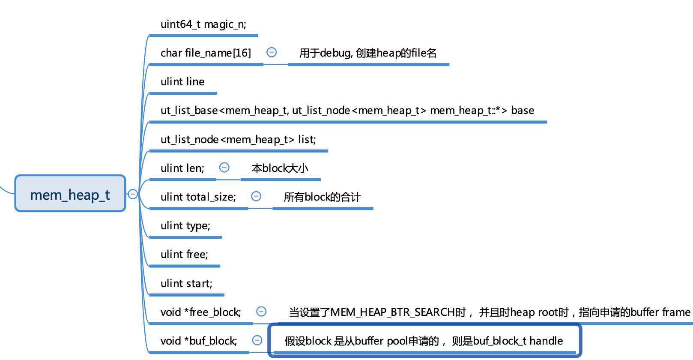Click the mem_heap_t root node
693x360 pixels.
tap(70, 194)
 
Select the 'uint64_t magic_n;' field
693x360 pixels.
tap(203, 24)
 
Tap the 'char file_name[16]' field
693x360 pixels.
tap(206, 53)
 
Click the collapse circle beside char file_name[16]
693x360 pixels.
tap(272, 52)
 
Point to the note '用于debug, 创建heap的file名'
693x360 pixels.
tap(367, 53)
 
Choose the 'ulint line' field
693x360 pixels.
tap(182, 82)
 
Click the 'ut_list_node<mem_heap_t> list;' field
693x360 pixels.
tap(238, 140)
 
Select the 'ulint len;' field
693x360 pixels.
tap(182, 168)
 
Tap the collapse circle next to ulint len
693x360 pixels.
tap(224, 168)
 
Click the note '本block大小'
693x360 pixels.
tap(280, 168)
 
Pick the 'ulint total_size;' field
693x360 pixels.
tap(198, 197)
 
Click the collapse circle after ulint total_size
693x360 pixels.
tap(256, 196)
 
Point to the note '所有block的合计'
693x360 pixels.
tap(322, 197)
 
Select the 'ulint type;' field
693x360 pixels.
tap(185, 226)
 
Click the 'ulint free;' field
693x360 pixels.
tap(184, 255)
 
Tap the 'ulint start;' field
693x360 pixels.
tap(186, 284)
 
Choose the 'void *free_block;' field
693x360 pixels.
tap(200, 312)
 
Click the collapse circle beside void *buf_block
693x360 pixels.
tap(257, 340)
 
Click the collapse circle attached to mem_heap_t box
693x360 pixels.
tap(133, 194)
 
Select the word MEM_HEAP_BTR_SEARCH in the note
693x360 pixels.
tap(392, 312)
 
